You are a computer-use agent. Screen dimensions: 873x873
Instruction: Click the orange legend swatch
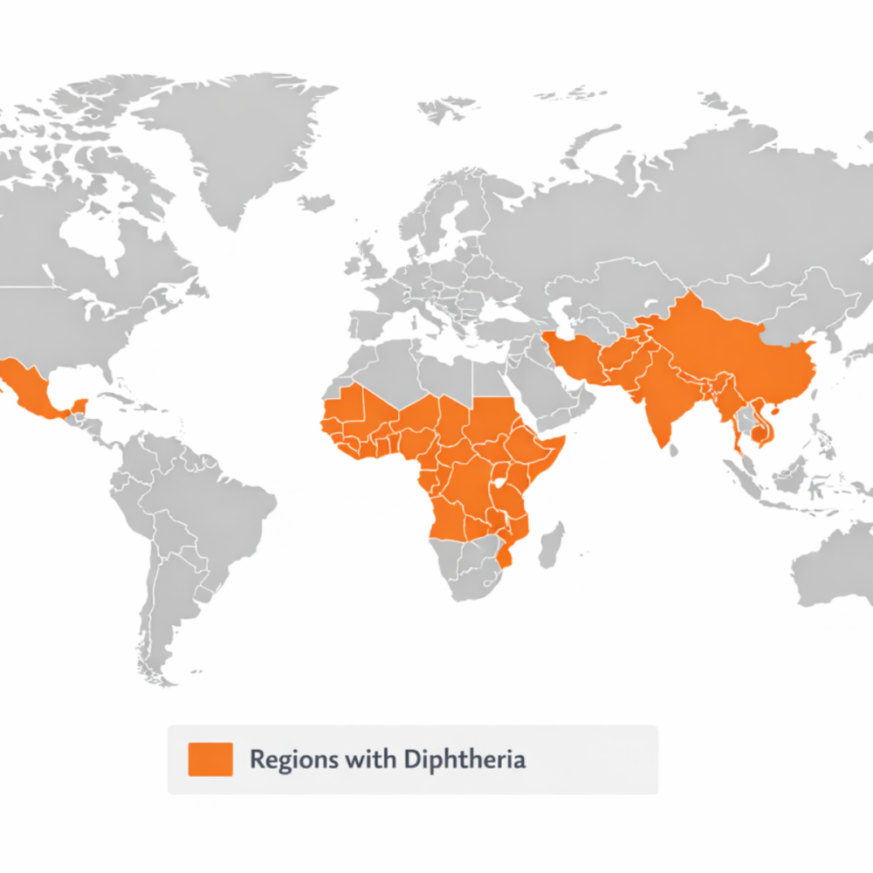(210, 759)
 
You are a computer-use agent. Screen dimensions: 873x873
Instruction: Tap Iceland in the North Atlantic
(316, 203)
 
